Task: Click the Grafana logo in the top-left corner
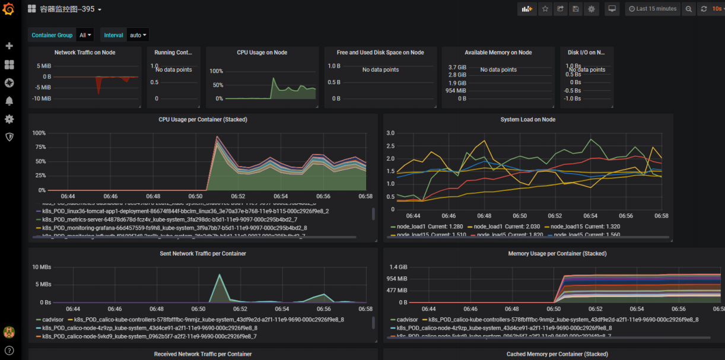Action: coord(8,9)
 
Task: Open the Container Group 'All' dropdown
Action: coord(86,35)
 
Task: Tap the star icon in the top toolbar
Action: coord(545,9)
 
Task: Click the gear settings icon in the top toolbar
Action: coord(591,9)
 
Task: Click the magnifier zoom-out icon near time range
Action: coord(688,9)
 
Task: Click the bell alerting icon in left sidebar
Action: coord(9,101)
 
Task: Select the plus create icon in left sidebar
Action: coord(9,46)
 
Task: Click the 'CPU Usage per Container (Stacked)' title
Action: coord(203,119)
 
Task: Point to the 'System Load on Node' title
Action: coord(527,119)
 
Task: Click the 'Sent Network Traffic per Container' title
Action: coord(203,253)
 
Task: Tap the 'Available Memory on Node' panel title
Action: coord(498,52)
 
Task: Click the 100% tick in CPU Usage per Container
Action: coord(39,132)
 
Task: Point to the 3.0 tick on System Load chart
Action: coord(390,133)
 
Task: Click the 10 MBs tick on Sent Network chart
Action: coord(42,267)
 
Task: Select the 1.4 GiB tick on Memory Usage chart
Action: coord(398,267)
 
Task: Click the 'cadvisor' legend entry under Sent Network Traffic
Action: coord(53,319)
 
